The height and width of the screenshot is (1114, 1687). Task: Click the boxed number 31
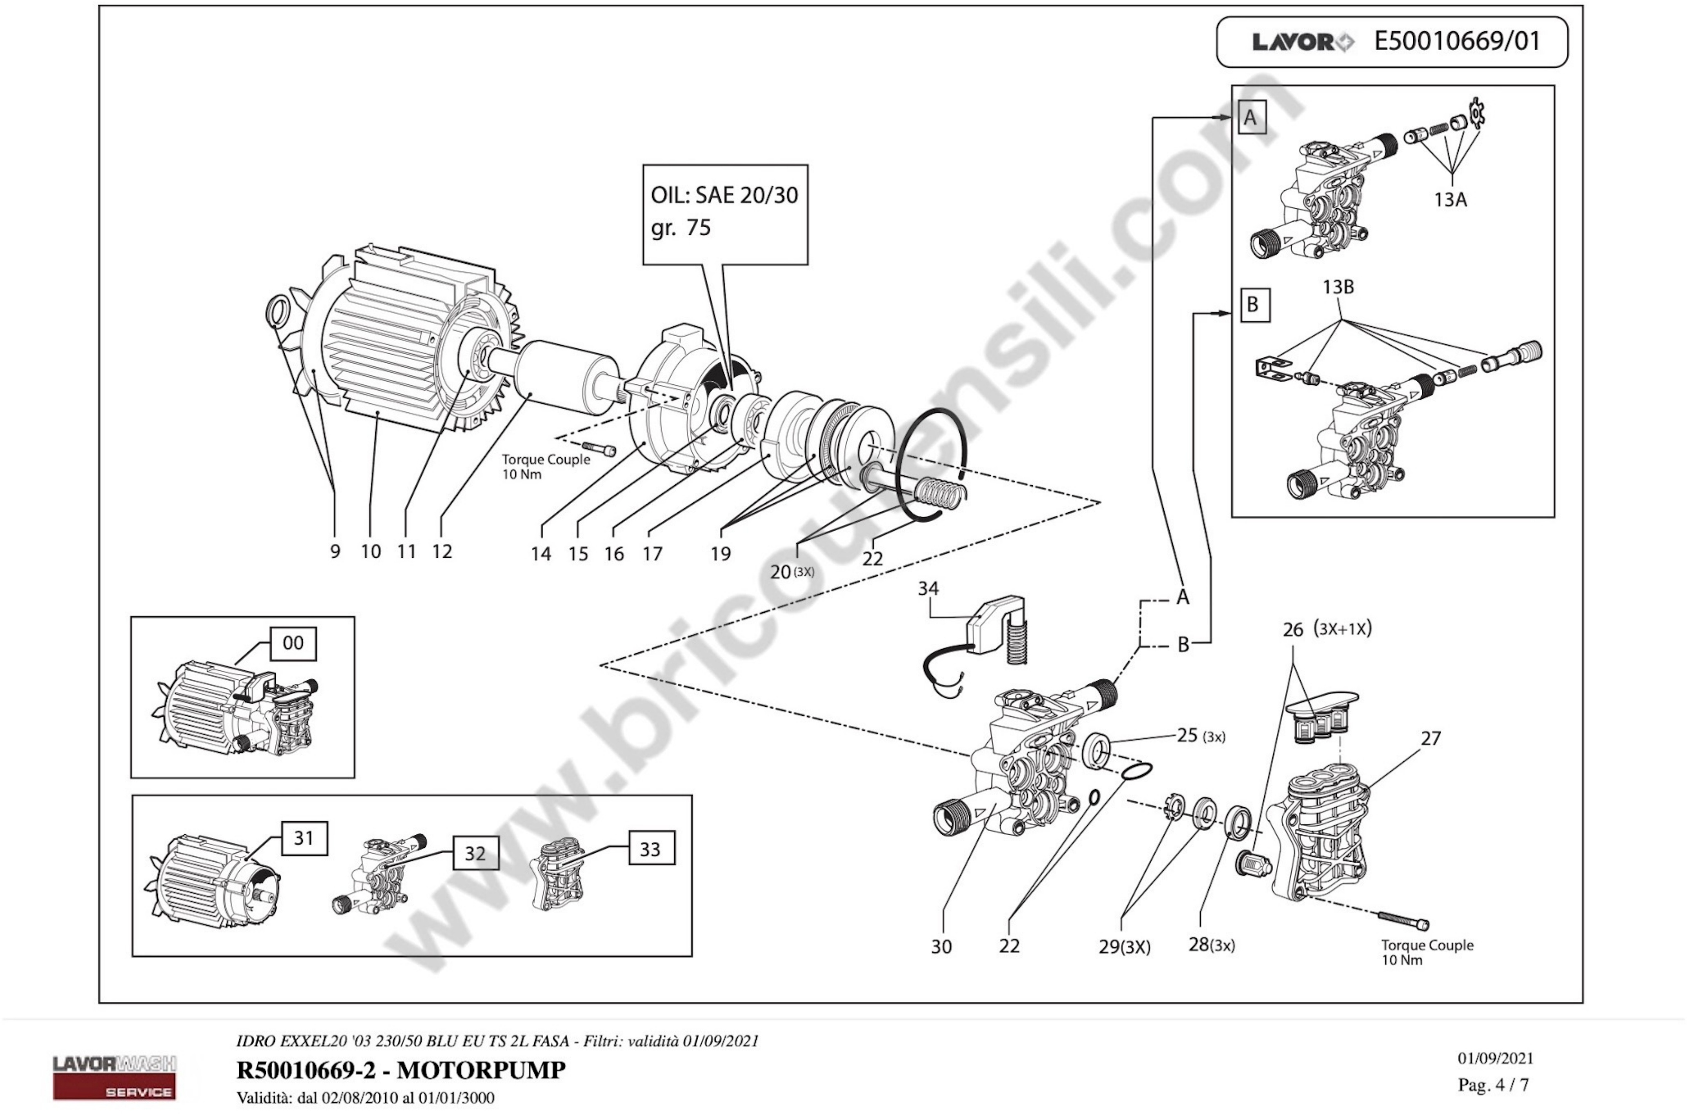[304, 838]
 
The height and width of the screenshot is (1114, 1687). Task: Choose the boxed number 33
[650, 849]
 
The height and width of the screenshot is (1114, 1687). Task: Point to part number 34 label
[928, 588]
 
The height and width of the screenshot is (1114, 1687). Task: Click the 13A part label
[1450, 200]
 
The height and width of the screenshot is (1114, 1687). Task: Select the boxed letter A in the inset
[1250, 118]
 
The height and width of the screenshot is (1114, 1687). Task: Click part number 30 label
[941, 947]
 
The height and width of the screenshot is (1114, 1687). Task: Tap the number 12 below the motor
[442, 552]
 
